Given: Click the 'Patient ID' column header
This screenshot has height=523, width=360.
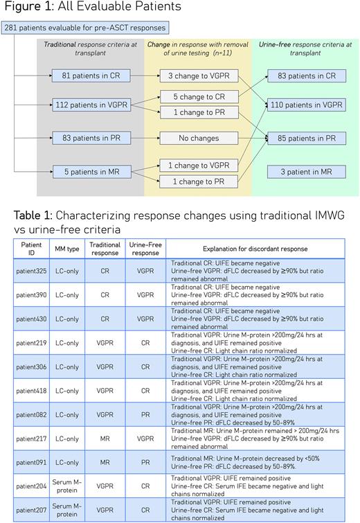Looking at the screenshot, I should click(32, 248).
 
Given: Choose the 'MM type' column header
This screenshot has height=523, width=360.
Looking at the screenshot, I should click(69, 248).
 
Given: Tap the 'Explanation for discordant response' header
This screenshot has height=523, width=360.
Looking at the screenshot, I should click(260, 248).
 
